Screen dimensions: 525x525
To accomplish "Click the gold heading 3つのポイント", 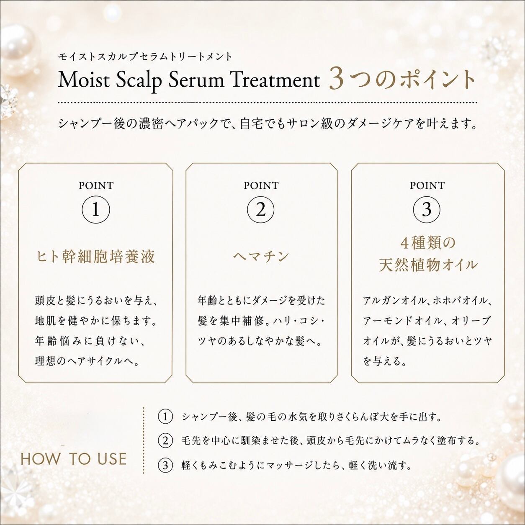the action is (x=402, y=79).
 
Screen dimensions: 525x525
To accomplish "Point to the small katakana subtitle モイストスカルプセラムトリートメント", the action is (x=145, y=57).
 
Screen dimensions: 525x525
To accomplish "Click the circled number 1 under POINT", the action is (x=96, y=210).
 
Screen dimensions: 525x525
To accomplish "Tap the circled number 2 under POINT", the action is (x=261, y=210).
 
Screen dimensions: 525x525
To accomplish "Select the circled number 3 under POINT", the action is (x=427, y=210).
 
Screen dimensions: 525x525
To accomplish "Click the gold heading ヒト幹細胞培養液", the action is (x=96, y=257).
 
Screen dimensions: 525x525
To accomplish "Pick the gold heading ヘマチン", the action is (x=261, y=257).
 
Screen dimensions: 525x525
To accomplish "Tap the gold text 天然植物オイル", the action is (x=428, y=265).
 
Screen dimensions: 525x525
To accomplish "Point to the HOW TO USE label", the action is (x=74, y=459).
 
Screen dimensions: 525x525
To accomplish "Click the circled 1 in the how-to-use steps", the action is (x=165, y=417).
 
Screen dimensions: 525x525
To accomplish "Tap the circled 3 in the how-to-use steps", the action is (x=165, y=465).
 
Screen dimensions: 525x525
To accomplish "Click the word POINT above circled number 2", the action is (x=261, y=185).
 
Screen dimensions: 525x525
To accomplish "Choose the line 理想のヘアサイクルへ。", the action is (x=87, y=361).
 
